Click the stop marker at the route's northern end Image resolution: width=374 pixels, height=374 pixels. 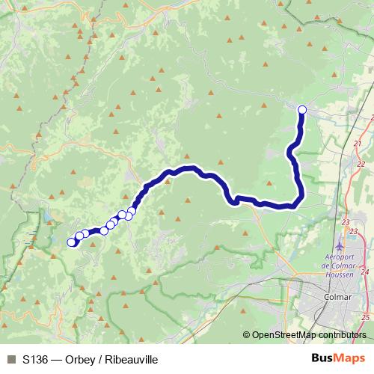click(302, 110)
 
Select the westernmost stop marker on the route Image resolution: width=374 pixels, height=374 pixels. click(72, 242)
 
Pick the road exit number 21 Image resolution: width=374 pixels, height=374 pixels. click(358, 143)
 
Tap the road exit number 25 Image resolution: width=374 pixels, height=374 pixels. click(364, 318)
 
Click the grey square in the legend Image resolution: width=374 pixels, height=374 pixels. click(11, 360)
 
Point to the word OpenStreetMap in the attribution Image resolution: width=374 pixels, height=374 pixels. click(286, 335)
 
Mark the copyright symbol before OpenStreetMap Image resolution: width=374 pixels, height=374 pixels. click(246, 335)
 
